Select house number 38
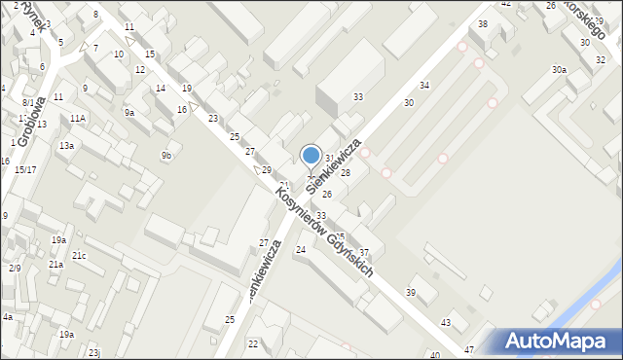482,23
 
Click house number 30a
559,70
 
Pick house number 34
423,86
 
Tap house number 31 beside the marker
330,158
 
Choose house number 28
345,173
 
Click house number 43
446,322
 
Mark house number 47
469,349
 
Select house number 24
301,250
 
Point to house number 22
253,344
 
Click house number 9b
167,156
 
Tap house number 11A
78,118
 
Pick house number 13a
66,145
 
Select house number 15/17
25,170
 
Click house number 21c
79,256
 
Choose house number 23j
93,352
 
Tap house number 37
363,252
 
